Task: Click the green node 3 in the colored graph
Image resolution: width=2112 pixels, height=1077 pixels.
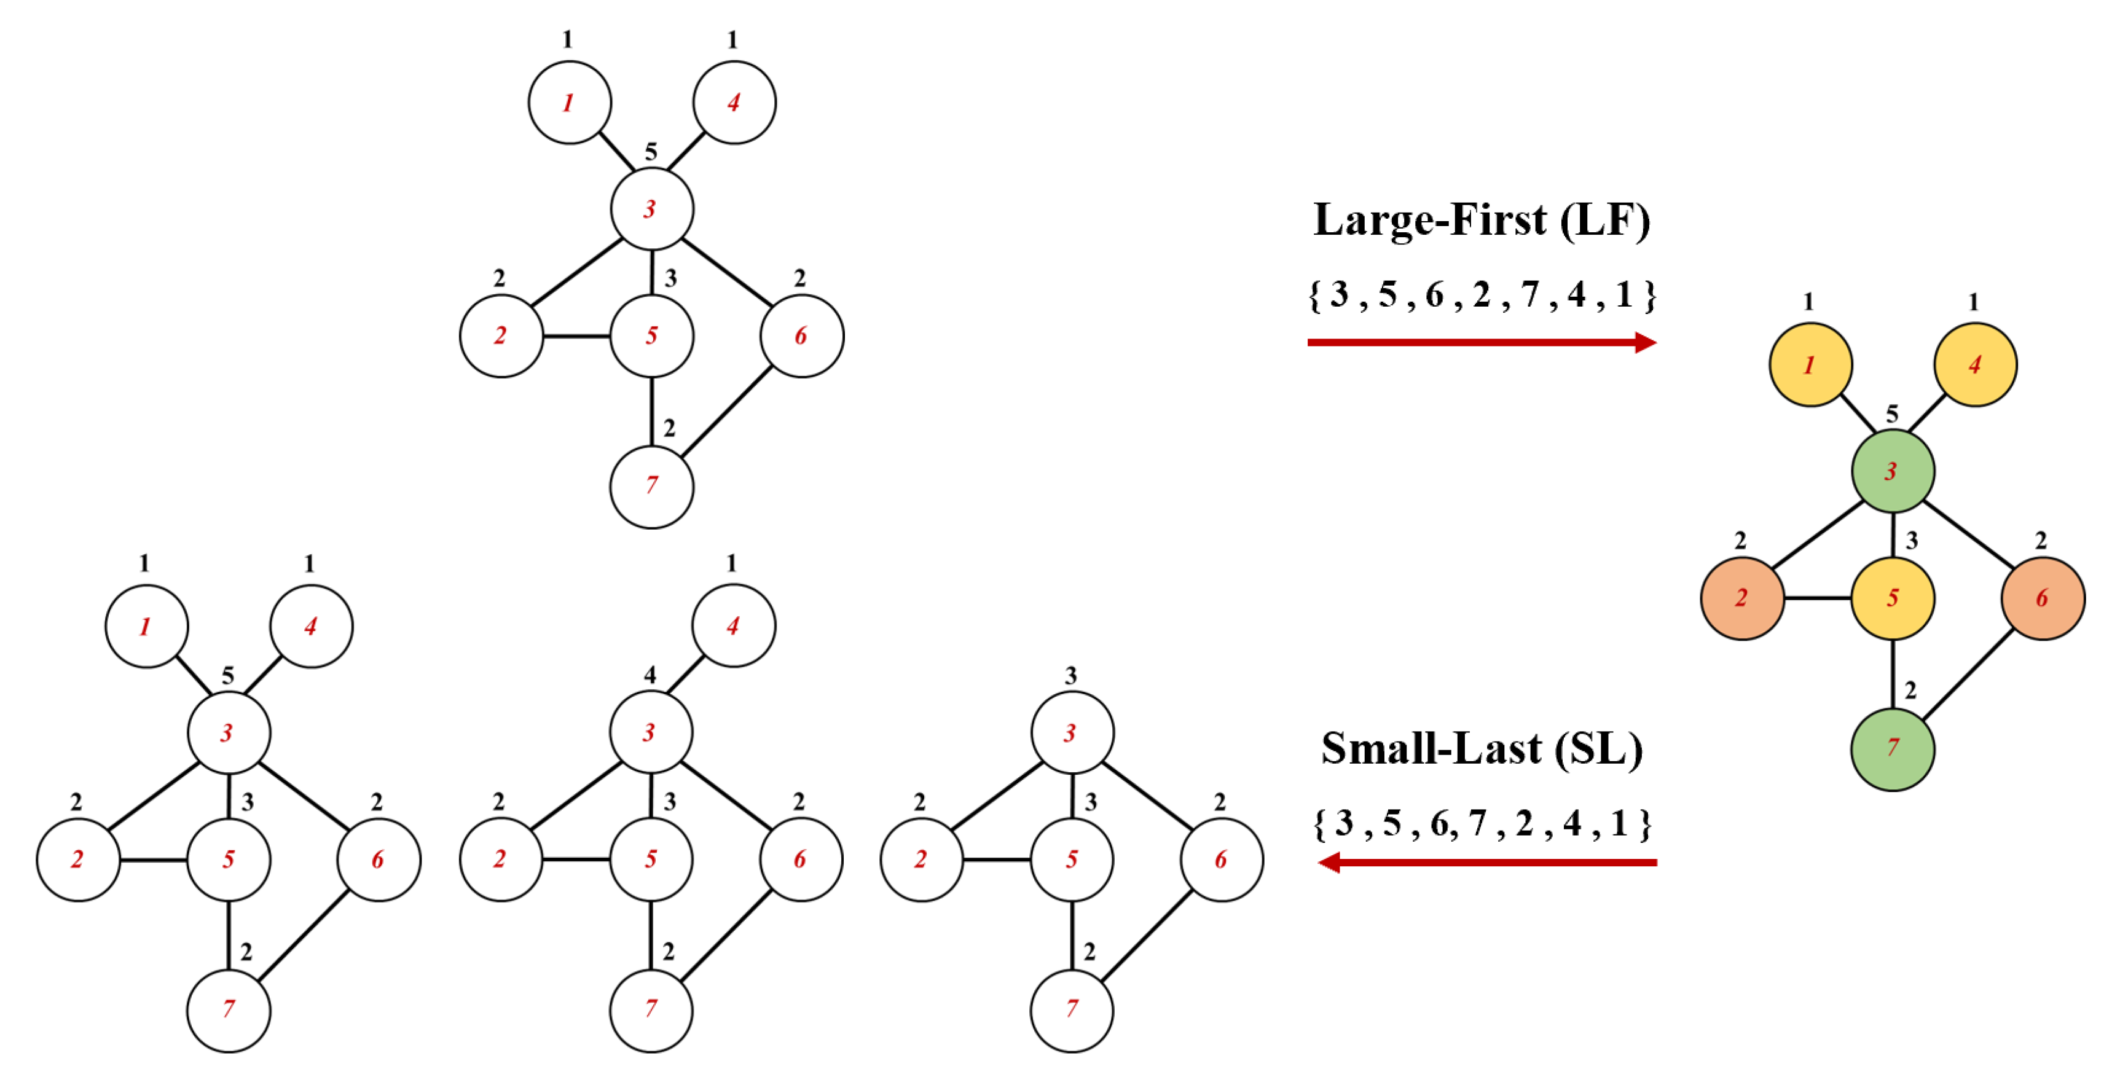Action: click(x=1892, y=471)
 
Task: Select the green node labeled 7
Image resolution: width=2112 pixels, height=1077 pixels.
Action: click(x=1892, y=749)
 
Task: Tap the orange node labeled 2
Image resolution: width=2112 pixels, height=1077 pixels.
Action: click(x=1741, y=598)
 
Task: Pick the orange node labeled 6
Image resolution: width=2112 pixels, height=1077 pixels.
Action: click(x=2043, y=598)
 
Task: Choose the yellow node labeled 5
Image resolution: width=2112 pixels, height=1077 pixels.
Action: click(x=1892, y=598)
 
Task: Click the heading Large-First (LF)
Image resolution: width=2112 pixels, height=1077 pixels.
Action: click(x=1482, y=220)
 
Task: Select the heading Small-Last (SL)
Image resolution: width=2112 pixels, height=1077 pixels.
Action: click(x=1482, y=748)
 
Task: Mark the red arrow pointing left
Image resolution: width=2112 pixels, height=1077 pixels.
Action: click(x=1487, y=862)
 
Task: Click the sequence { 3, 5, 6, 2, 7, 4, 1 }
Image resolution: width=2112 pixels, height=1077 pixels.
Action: click(x=1482, y=294)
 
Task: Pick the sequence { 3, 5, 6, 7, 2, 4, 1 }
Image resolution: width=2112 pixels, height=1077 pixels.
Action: click(x=1482, y=823)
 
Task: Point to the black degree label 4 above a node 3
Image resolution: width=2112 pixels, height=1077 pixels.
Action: click(x=650, y=675)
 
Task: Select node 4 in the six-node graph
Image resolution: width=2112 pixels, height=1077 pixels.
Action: click(x=733, y=626)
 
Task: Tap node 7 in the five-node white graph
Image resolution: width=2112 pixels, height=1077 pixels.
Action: click(x=1072, y=1010)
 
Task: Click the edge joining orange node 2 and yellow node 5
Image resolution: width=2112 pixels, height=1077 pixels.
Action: click(x=1817, y=598)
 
